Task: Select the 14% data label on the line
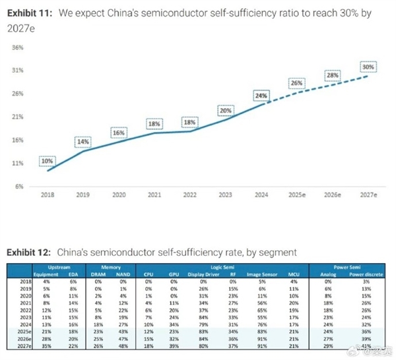82,142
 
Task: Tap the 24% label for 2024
261,96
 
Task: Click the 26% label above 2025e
296,83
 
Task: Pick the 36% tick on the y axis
18,47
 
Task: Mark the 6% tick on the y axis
19,186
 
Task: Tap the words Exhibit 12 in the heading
28,252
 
